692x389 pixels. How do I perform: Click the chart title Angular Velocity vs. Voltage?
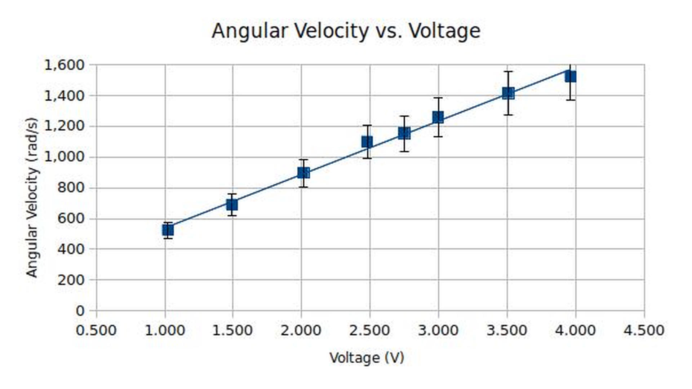[346, 31]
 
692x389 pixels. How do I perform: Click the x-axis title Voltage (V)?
[367, 358]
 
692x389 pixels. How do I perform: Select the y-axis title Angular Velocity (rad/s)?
[32, 198]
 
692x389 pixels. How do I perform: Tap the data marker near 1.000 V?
[168, 230]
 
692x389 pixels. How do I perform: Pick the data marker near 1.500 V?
[232, 205]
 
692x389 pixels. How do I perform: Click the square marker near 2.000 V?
[303, 173]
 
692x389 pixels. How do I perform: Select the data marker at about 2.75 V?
[404, 133]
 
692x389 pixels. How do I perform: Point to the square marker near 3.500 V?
[508, 93]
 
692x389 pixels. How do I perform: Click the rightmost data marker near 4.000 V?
[570, 77]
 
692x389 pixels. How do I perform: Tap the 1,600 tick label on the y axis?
[64, 65]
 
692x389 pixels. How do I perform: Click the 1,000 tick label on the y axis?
[64, 157]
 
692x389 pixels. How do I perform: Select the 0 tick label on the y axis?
[80, 311]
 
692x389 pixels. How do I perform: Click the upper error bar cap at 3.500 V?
[508, 72]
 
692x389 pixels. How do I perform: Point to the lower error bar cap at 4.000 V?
[570, 100]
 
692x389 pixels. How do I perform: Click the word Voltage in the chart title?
[444, 31]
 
